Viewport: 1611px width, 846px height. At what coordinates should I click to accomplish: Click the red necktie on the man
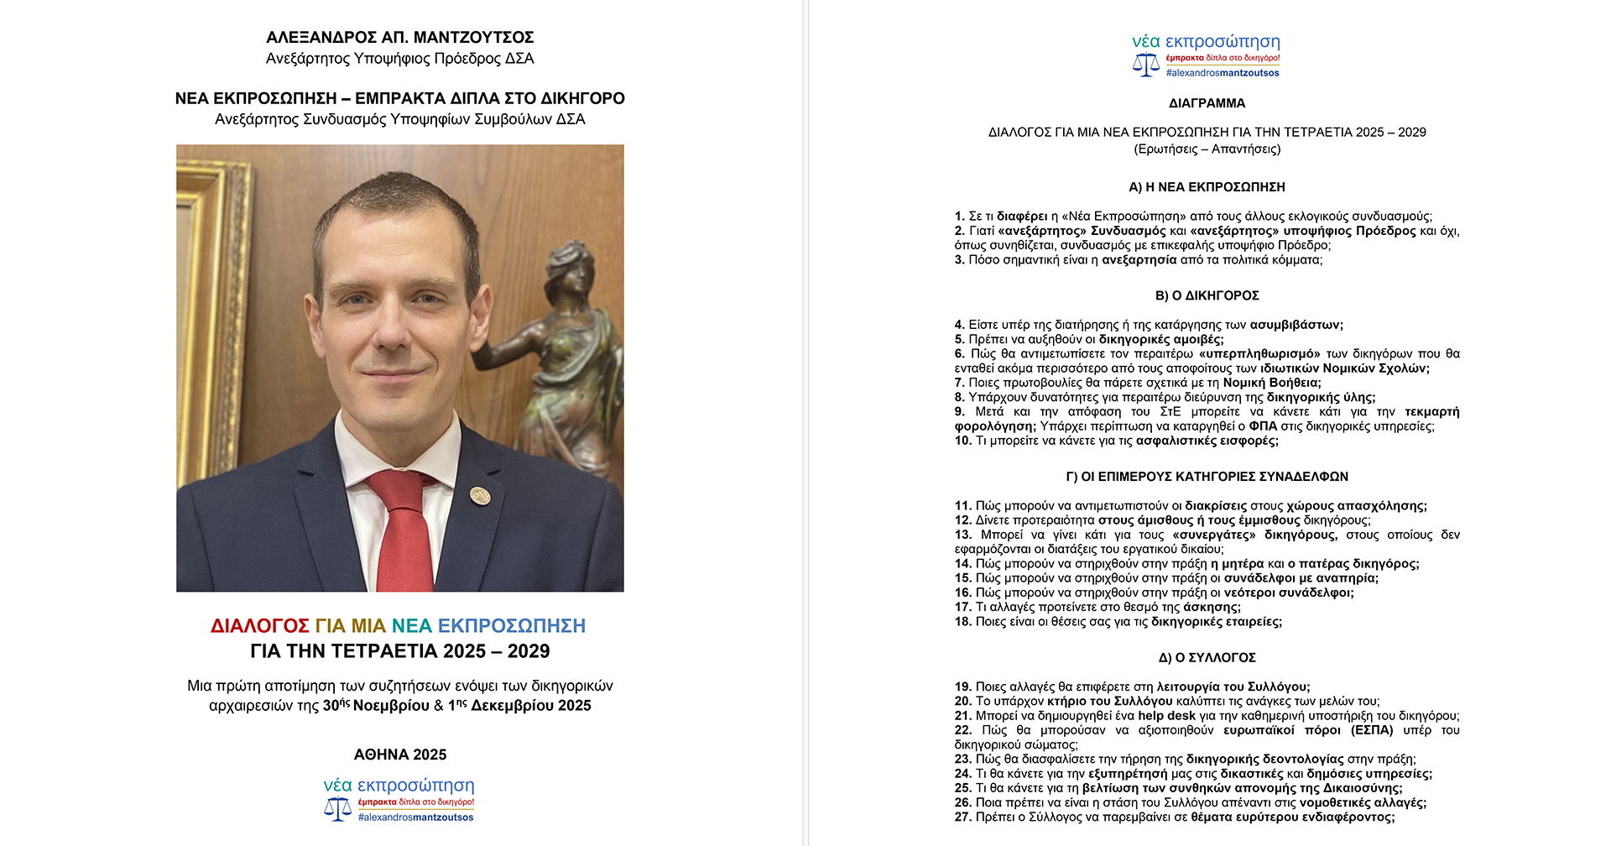pos(401,529)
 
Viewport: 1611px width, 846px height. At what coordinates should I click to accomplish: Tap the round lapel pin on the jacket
pos(480,495)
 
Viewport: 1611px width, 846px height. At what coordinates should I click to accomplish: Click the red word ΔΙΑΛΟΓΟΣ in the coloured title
pos(260,626)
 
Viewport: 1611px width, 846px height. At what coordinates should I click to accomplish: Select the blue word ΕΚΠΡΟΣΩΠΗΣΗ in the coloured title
pos(512,626)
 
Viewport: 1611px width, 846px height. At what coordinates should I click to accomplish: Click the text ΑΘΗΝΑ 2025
pos(400,755)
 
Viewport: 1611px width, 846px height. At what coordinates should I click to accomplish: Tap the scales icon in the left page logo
pos(337,808)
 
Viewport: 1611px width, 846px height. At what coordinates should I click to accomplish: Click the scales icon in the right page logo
pos(1145,65)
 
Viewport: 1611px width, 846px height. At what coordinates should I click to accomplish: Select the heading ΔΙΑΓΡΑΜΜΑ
pos(1207,103)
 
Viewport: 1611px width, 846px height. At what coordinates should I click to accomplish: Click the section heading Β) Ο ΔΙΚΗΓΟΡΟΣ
pos(1207,295)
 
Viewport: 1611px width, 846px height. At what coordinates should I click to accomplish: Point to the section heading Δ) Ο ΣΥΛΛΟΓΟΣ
pos(1207,657)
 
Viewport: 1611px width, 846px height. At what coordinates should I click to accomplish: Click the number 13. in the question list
pos(963,535)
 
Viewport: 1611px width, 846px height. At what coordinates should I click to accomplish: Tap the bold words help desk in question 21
pos(1166,716)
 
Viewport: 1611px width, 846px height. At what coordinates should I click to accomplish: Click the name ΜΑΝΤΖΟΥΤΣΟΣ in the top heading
pos(473,38)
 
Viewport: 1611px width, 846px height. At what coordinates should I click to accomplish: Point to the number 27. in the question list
pos(963,817)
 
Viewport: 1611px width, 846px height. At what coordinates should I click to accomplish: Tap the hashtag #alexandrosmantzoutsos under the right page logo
pos(1223,73)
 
